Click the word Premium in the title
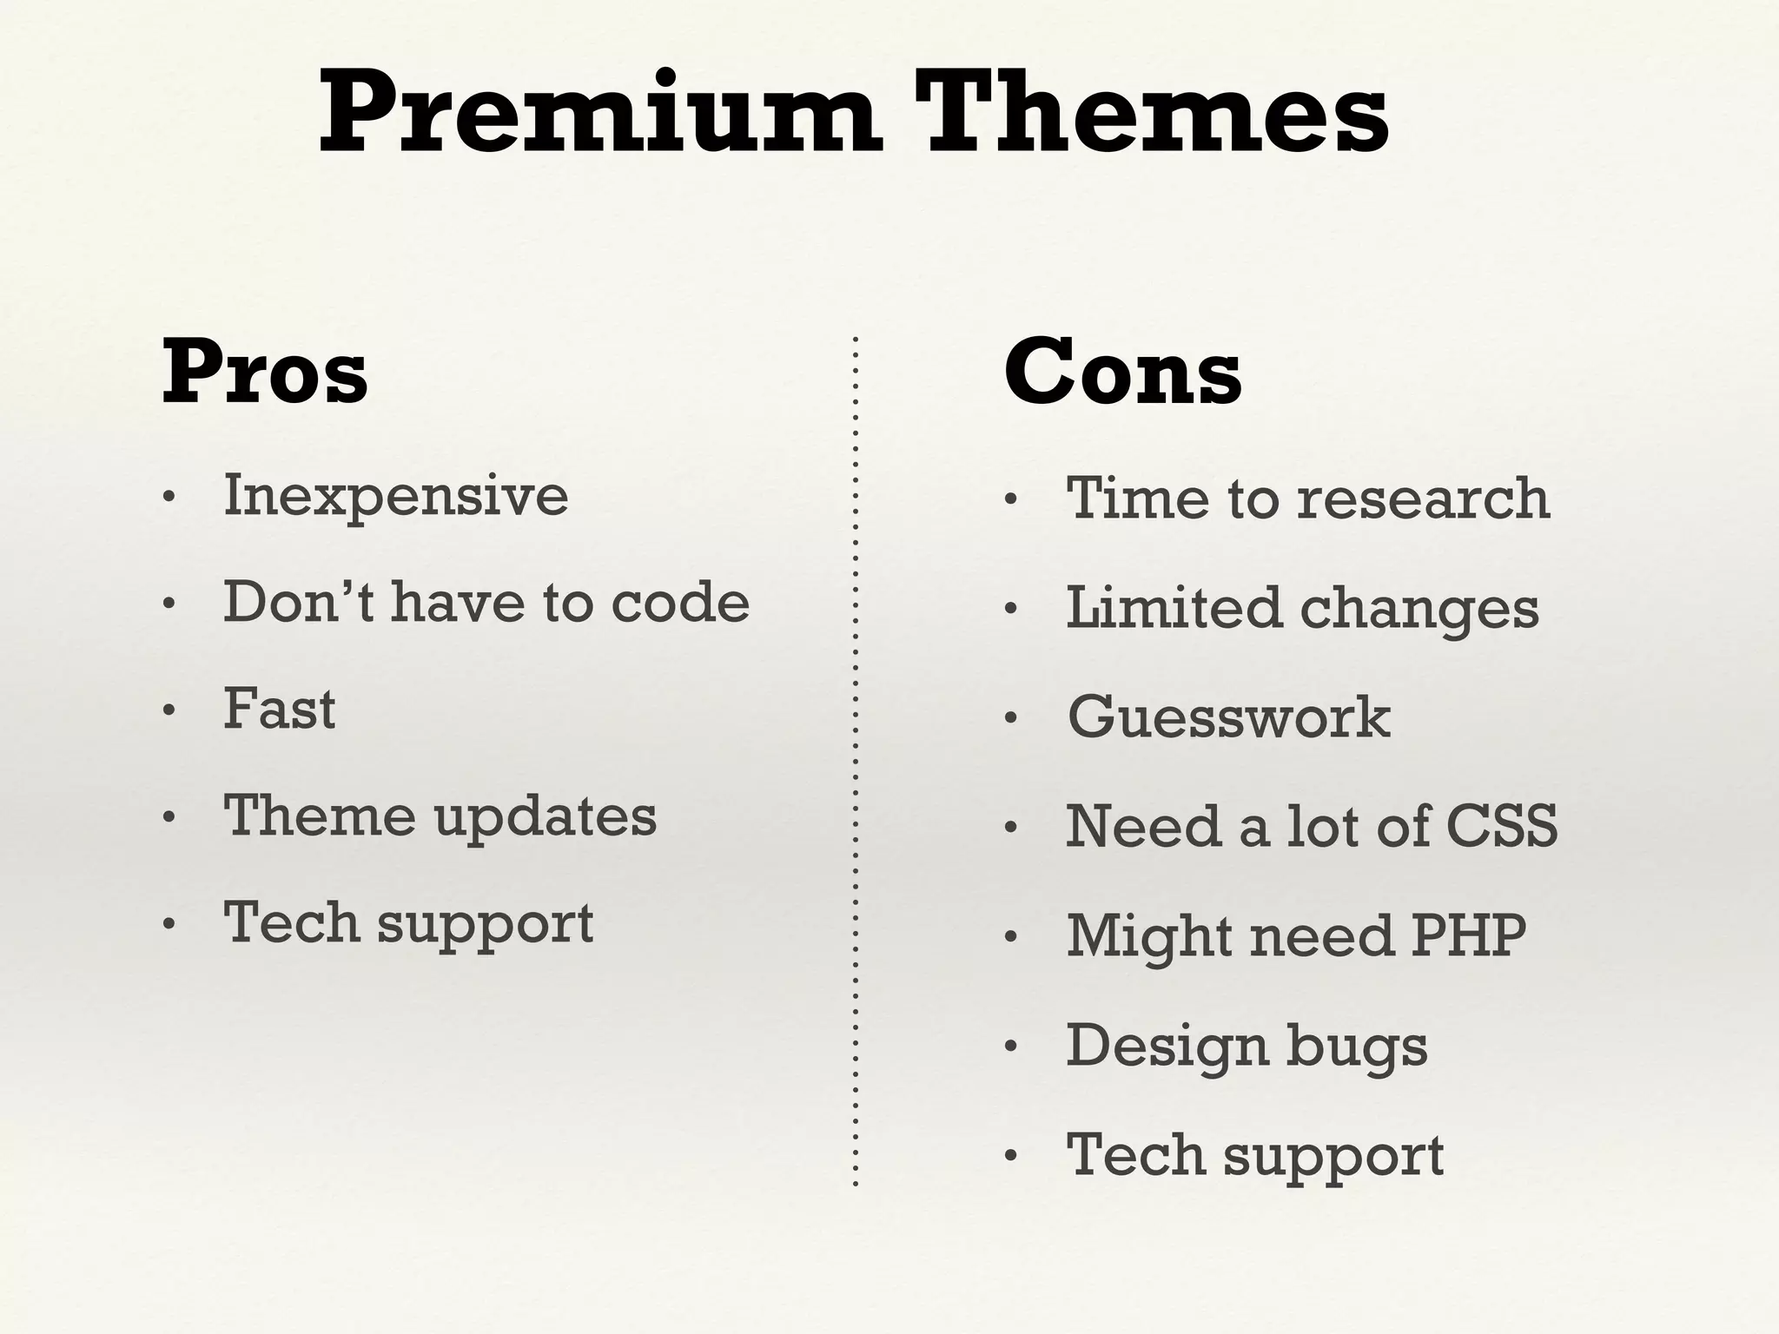pyautogui.click(x=599, y=115)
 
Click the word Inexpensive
pyautogui.click(x=396, y=497)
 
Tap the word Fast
pyautogui.click(x=279, y=710)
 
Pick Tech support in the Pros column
pyautogui.click(x=408, y=924)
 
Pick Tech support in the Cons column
pyautogui.click(x=1254, y=1156)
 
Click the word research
pyautogui.click(x=1423, y=499)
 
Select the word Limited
pyautogui.click(x=1173, y=607)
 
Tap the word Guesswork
pyautogui.click(x=1228, y=717)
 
